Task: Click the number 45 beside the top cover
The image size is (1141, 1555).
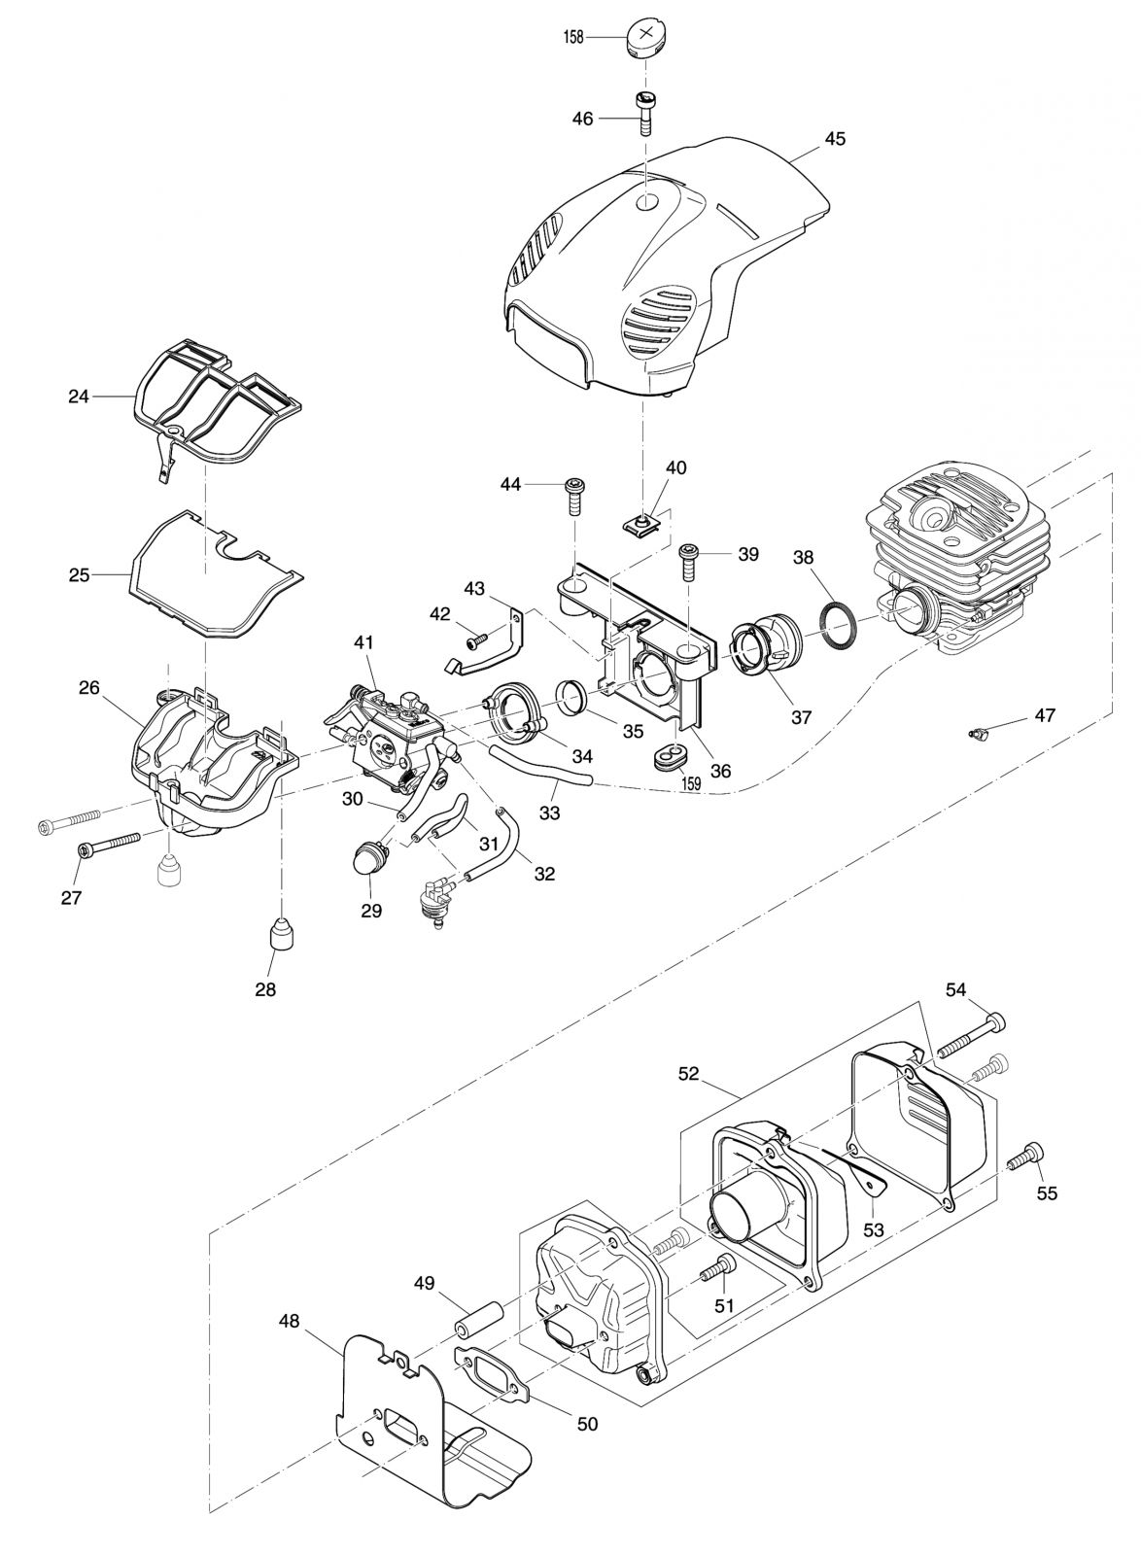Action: tap(835, 139)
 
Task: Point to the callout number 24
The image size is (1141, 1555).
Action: tap(79, 397)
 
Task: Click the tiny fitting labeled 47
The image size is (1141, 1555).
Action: tap(977, 732)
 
